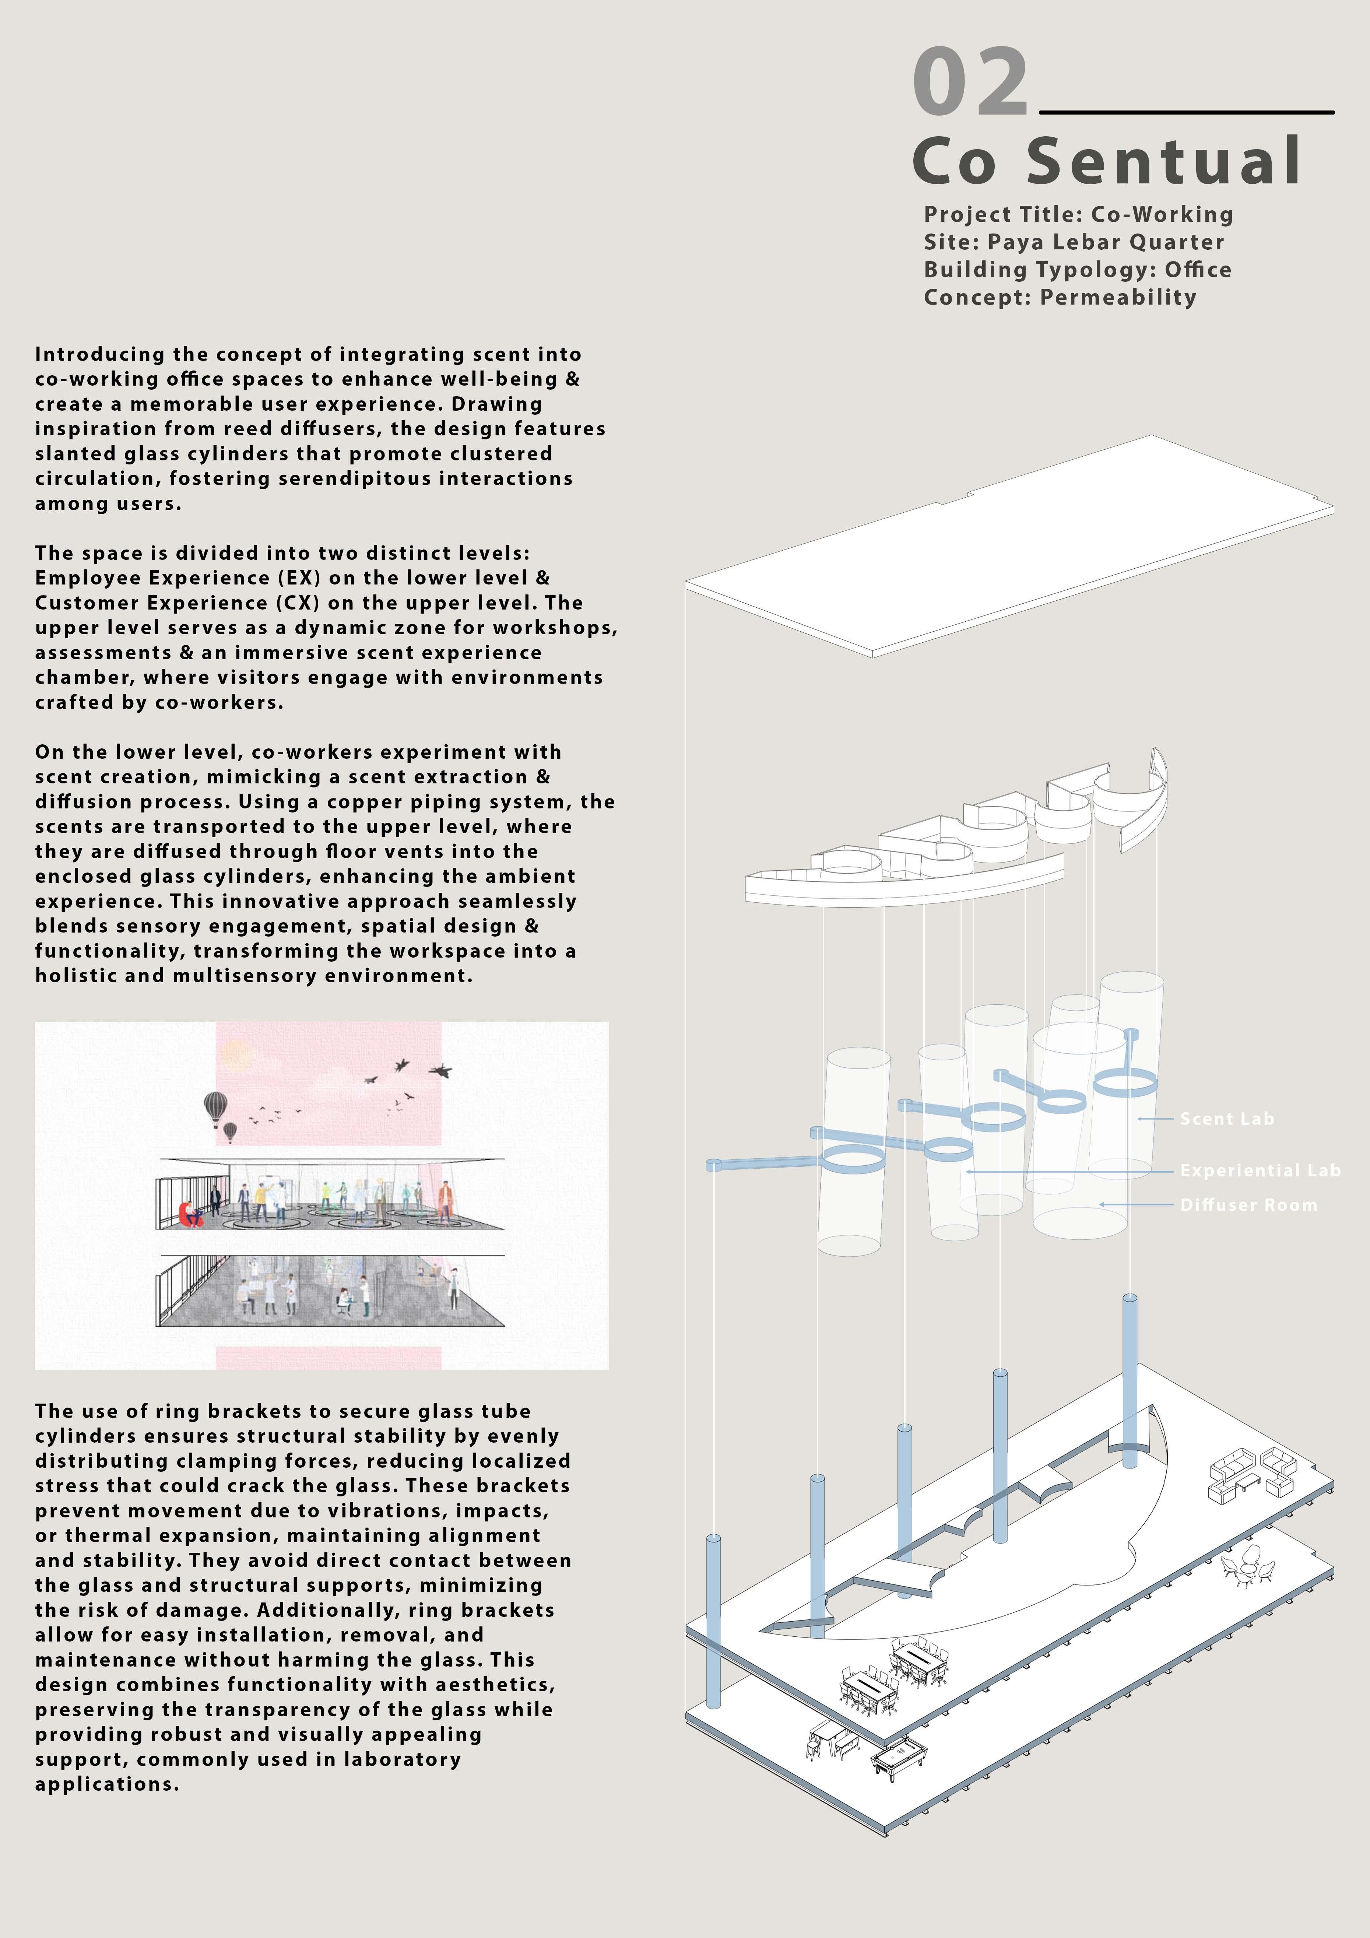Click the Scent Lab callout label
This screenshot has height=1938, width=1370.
(x=1226, y=1119)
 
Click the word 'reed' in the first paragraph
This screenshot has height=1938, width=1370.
(x=242, y=429)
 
